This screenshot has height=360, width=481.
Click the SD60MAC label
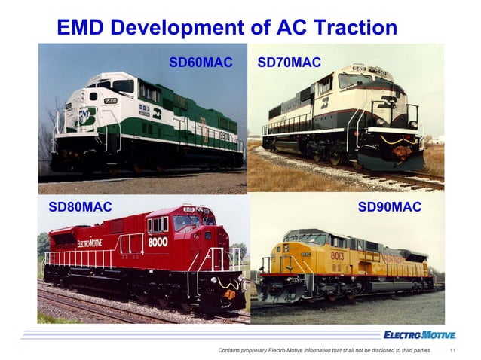tap(201, 61)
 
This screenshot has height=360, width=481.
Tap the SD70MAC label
tap(290, 61)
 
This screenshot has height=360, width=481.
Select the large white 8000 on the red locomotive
tap(157, 243)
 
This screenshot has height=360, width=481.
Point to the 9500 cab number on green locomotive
tap(110, 100)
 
